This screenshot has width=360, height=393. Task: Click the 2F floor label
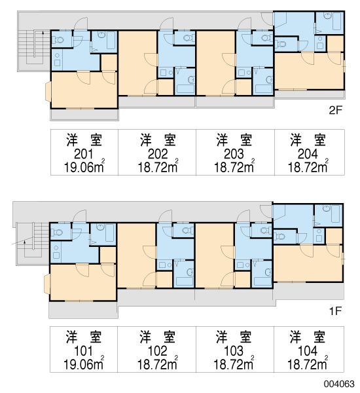point(335,110)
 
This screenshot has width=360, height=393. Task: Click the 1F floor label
point(335,311)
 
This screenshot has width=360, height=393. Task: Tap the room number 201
point(84,154)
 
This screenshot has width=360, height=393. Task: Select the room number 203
point(234,154)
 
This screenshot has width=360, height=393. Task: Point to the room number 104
point(308,351)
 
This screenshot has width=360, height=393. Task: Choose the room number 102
point(158,351)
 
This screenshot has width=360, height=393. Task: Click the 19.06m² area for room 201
point(84,166)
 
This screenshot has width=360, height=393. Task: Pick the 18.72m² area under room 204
point(308,166)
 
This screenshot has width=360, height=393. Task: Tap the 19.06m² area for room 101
point(84,363)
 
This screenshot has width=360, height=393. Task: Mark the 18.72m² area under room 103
point(234,363)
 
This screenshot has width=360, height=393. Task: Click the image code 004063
point(339,384)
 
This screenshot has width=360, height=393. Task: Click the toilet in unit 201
point(58,39)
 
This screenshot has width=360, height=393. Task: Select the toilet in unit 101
point(57,233)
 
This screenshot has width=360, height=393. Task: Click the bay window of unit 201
point(48,92)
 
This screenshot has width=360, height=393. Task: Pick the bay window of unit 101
point(47,284)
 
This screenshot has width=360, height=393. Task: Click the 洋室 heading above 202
point(158,140)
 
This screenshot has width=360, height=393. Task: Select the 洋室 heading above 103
point(234,337)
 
